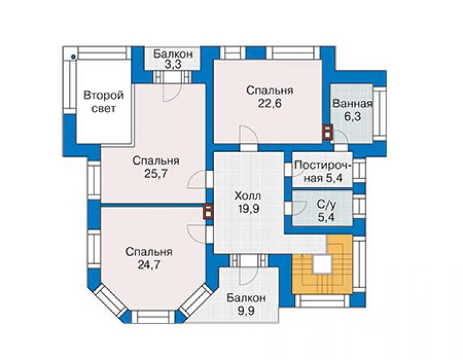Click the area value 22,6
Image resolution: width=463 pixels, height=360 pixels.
(270, 104)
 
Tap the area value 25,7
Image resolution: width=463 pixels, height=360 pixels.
(156, 173)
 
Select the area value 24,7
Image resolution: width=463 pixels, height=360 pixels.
(149, 265)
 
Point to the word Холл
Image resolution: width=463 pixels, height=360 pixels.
(248, 196)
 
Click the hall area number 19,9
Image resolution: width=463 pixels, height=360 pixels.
(248, 208)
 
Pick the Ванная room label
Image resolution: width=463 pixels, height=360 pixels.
(352, 104)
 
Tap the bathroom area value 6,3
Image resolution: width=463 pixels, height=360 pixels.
(352, 116)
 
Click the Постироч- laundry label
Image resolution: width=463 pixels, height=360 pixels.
(323, 165)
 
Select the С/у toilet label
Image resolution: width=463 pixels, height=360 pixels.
(326, 204)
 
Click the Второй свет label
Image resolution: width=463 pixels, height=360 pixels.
(104, 102)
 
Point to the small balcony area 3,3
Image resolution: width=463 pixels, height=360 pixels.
(173, 64)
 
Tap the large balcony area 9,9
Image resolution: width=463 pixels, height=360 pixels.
(246, 311)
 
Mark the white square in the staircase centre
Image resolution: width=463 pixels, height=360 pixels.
(322, 264)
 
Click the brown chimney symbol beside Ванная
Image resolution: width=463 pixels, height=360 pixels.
(327, 132)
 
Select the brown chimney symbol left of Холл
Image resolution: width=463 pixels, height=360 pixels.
(208, 212)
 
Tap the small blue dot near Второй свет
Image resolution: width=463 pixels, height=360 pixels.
(74, 57)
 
